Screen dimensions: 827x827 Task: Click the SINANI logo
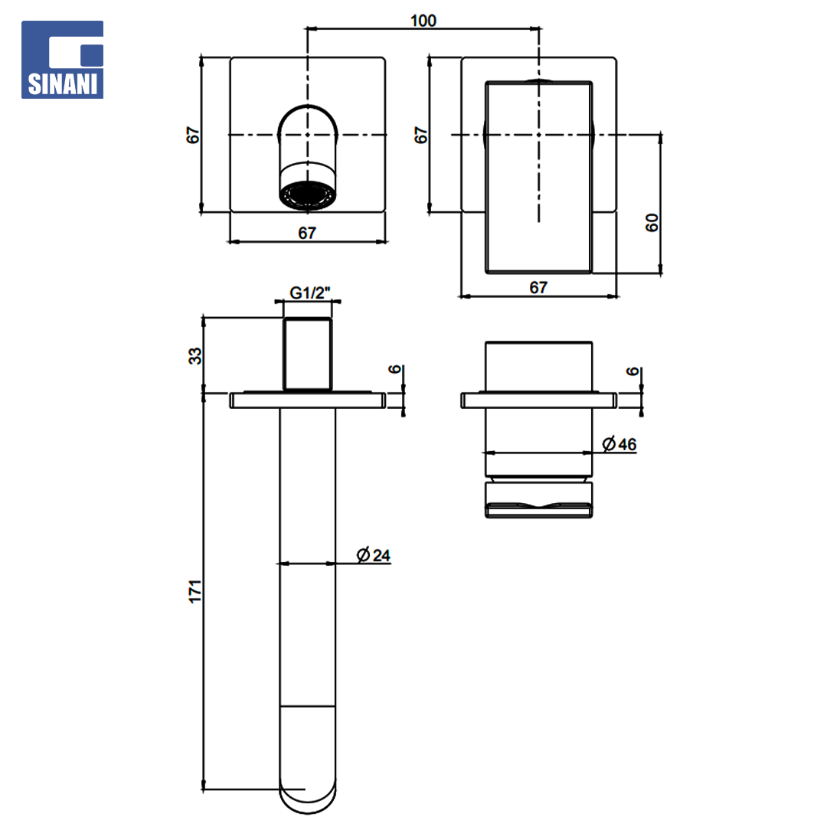pyautogui.click(x=62, y=60)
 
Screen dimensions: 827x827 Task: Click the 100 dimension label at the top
pyautogui.click(x=423, y=21)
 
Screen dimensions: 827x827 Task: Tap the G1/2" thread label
pyautogui.click(x=309, y=293)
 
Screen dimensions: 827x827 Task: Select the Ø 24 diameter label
pyautogui.click(x=374, y=555)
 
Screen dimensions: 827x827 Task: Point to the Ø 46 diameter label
pyautogui.click(x=619, y=444)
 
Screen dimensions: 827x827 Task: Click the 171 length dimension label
pyautogui.click(x=195, y=591)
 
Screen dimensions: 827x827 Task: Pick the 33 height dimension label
pyautogui.click(x=195, y=356)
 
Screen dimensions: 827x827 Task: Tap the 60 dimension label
pyautogui.click(x=652, y=223)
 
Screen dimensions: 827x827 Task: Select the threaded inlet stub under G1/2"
pyautogui.click(x=308, y=354)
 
